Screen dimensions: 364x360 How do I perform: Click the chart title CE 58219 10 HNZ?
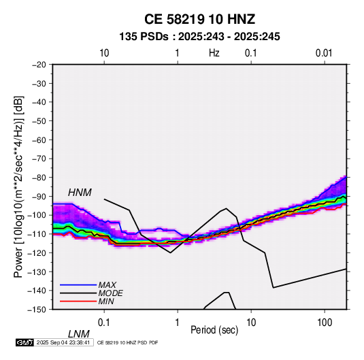click(x=199, y=19)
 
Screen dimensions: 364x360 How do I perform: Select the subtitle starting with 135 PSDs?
click(x=199, y=37)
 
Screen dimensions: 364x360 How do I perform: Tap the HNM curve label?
click(x=80, y=193)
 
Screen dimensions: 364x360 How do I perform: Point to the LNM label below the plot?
click(x=79, y=334)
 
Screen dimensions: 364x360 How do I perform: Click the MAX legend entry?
click(x=107, y=284)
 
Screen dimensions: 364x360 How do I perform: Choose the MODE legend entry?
click(x=110, y=293)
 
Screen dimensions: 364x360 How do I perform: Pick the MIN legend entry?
click(x=106, y=301)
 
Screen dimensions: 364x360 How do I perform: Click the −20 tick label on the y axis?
click(x=39, y=65)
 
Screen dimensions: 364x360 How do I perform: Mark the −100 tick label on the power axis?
click(x=37, y=215)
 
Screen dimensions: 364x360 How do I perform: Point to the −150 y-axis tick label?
click(x=37, y=310)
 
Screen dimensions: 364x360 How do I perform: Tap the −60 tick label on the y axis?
click(x=39, y=140)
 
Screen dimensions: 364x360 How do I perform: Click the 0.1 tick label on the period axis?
click(x=104, y=323)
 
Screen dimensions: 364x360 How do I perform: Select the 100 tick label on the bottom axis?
click(x=325, y=323)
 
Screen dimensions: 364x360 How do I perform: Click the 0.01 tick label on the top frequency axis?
click(x=324, y=53)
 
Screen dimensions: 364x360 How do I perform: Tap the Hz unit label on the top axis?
click(x=214, y=53)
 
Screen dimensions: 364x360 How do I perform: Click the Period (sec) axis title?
click(x=214, y=330)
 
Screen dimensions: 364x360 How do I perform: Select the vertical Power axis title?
click(x=18, y=186)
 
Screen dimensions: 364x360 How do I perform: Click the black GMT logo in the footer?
click(x=25, y=342)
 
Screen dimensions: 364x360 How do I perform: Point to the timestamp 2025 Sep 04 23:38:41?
click(x=63, y=342)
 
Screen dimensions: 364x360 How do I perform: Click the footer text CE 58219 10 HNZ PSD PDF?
click(x=127, y=342)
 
